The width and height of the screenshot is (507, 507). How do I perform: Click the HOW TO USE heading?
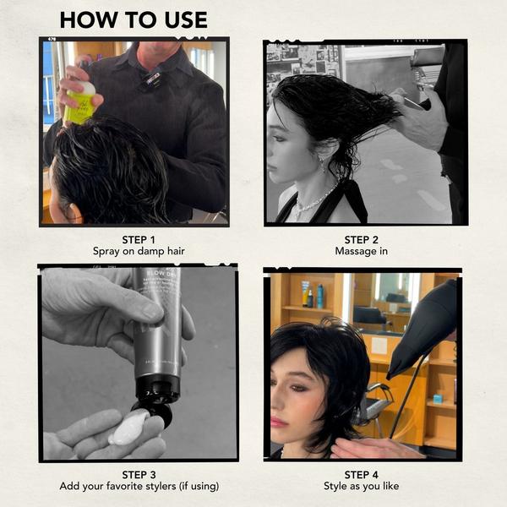pos(134,20)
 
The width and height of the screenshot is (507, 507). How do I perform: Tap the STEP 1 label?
pos(138,239)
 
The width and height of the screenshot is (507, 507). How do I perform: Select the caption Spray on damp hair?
pos(138,252)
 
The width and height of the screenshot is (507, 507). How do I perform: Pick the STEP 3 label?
pos(139,474)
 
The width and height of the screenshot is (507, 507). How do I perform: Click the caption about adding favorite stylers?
pos(139,487)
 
